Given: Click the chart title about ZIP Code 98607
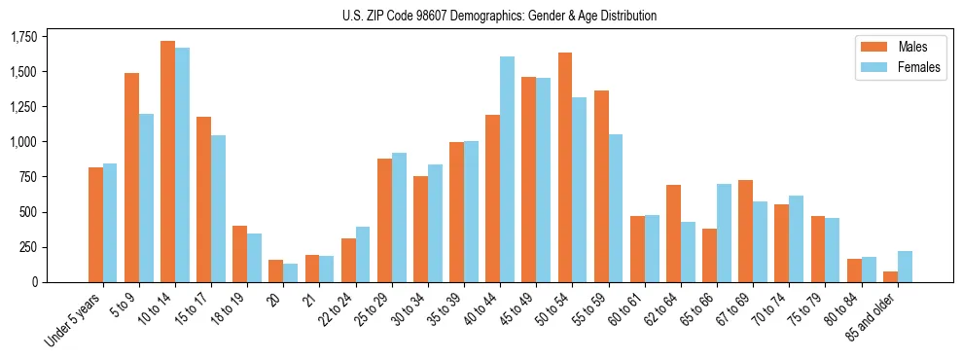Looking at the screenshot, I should [x=499, y=16].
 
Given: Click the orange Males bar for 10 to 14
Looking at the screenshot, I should [x=167, y=162].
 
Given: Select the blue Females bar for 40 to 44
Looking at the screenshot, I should [x=507, y=169].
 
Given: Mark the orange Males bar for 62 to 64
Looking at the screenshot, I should [x=673, y=234].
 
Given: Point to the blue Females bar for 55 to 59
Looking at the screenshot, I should [x=616, y=208].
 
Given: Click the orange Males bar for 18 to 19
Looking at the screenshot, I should [x=239, y=254].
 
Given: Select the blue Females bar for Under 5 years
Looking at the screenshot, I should [x=110, y=223].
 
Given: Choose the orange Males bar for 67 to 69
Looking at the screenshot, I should [x=745, y=231].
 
